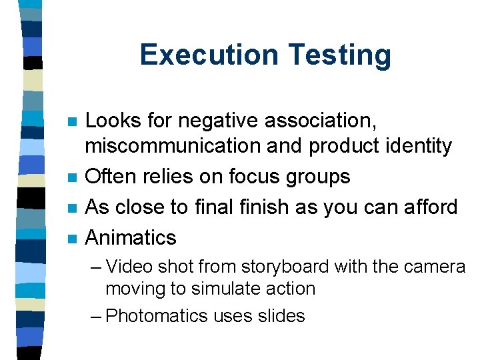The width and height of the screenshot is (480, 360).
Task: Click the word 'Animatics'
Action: coord(131,237)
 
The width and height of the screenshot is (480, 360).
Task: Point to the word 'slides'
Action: coord(281,315)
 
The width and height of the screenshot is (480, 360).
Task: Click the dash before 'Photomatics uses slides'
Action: coord(96,315)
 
